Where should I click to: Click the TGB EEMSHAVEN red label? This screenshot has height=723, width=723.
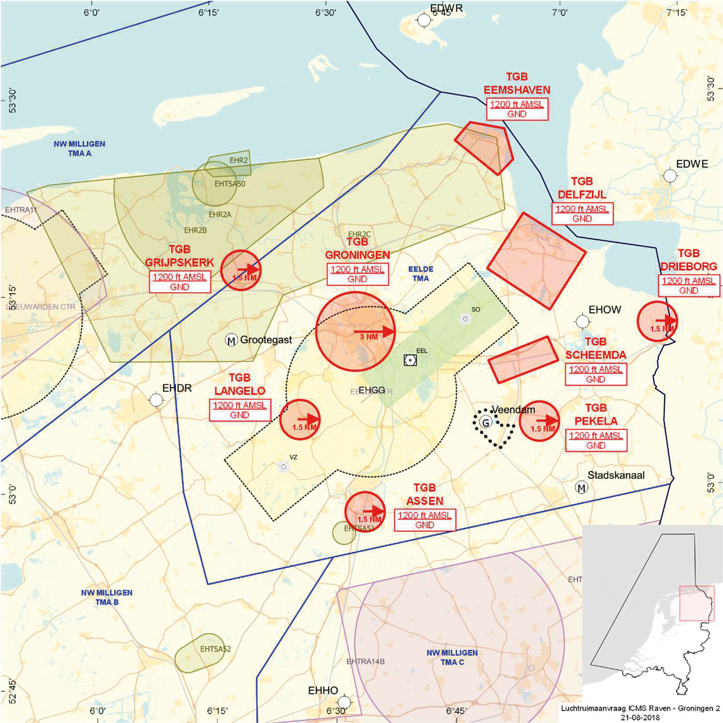pos(517,84)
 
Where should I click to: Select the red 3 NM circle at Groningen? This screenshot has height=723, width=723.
pos(355,331)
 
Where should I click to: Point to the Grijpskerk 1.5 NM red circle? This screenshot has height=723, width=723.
pos(241,270)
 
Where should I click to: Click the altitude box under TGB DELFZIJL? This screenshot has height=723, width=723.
pos(582,214)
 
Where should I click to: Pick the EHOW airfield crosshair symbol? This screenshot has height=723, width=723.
pos(582,321)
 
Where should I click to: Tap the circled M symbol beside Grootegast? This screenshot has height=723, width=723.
pos(231,341)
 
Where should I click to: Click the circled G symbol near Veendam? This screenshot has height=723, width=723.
pos(486,422)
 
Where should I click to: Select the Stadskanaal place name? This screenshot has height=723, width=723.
pos(616,475)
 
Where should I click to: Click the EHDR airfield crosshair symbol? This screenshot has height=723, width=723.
pos(156,400)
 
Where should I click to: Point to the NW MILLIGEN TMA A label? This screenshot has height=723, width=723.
pos(80,149)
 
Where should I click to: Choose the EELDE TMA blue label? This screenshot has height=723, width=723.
pos(421,274)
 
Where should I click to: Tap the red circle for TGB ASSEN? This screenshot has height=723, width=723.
pos(365,512)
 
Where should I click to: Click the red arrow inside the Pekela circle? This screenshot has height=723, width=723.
pos(547,420)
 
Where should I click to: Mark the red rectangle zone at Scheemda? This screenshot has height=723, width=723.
pos(523,359)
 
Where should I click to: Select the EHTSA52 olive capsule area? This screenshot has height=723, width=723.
pos(199,653)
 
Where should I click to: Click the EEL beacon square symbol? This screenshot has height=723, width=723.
pos(410,360)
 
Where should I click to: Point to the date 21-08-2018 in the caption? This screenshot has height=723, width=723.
pos(640,717)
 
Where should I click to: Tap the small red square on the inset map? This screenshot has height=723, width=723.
pos(697,603)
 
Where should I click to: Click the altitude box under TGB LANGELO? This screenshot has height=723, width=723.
pos(240,410)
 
